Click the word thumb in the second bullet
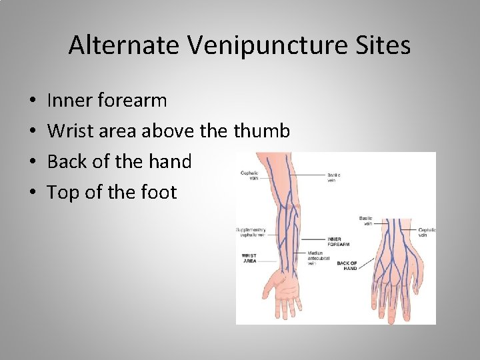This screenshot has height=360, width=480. click(261, 131)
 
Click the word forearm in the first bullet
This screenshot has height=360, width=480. click(132, 101)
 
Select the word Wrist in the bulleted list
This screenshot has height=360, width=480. click(71, 131)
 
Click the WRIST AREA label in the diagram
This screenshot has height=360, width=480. click(249, 258)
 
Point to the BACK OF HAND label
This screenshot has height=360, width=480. click(347, 266)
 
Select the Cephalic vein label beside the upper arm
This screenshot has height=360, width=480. click(249, 175)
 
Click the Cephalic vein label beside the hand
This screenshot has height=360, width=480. click(427, 232)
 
